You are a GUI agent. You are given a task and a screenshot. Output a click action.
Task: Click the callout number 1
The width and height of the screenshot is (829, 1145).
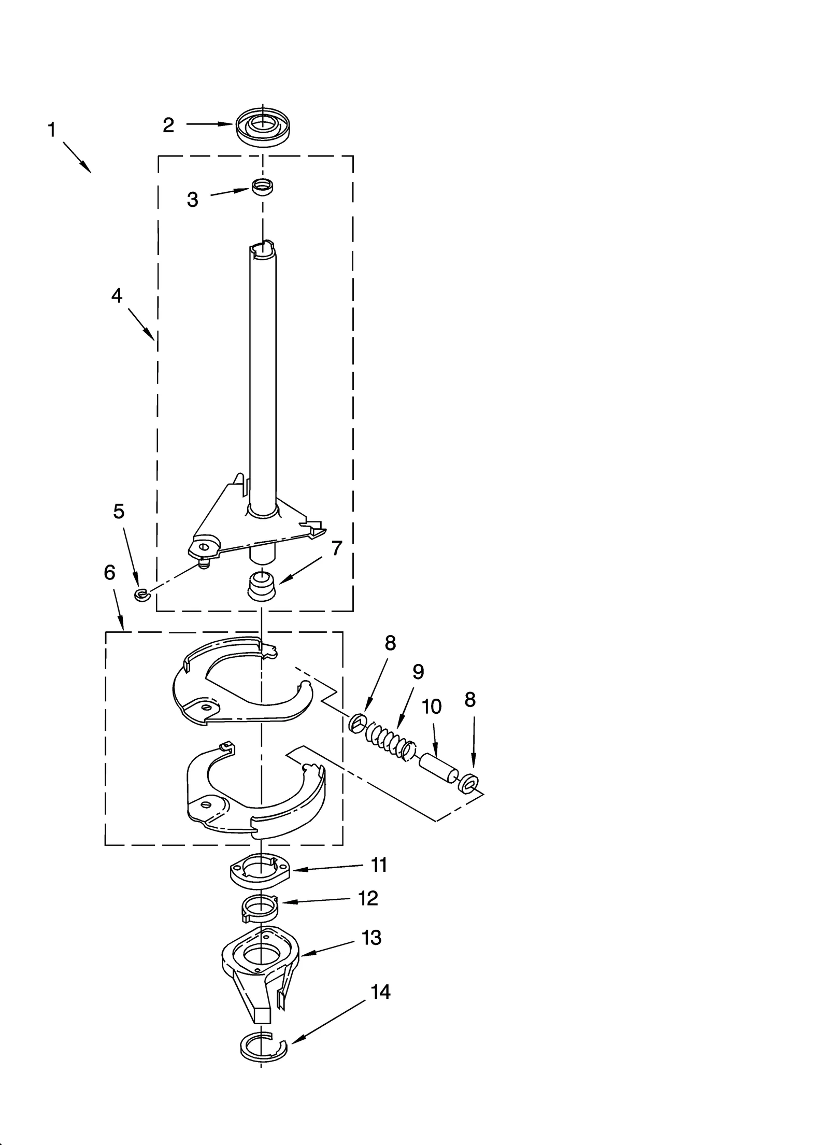coord(51,130)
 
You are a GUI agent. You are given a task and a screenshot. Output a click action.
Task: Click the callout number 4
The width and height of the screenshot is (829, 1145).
coord(117,296)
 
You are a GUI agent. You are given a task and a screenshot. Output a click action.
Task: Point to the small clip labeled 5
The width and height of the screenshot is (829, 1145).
coord(140,595)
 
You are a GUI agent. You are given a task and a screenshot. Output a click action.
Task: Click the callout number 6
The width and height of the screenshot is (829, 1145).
coord(109,573)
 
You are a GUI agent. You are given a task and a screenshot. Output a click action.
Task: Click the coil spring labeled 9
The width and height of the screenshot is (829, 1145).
coord(389,740)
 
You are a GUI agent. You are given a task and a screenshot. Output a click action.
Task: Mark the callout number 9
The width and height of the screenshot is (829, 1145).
coord(418,672)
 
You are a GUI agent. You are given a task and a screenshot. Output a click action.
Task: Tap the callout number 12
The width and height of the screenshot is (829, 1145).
coord(368,898)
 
